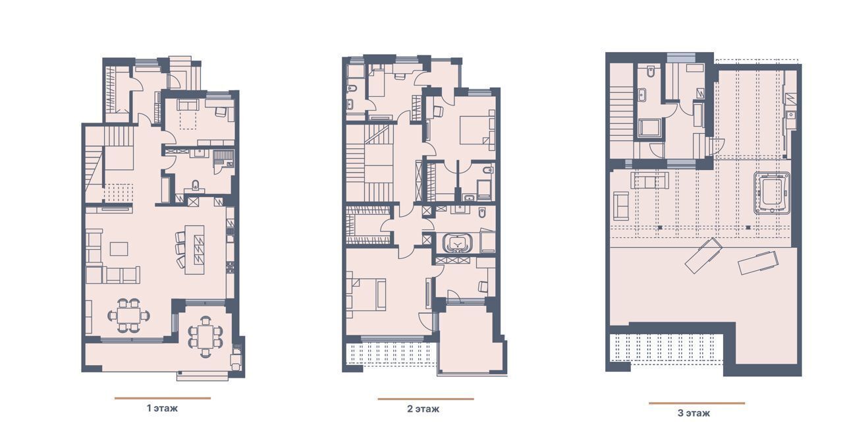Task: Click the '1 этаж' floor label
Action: click(x=162, y=408)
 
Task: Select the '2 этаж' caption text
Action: click(x=423, y=409)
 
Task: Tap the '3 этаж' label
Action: click(x=693, y=413)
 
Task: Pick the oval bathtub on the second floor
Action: click(x=457, y=243)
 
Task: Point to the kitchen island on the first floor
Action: click(x=194, y=250)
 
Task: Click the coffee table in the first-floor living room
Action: click(x=119, y=249)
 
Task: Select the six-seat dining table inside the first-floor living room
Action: click(x=128, y=315)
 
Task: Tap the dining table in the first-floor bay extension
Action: click(x=205, y=337)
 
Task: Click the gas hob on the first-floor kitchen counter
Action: click(x=230, y=267)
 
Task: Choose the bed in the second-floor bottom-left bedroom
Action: click(x=367, y=295)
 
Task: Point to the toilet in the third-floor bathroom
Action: click(x=651, y=72)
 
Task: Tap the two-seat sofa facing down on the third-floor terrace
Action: click(x=649, y=181)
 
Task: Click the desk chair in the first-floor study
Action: click(x=221, y=112)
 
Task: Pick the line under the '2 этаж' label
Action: click(x=425, y=399)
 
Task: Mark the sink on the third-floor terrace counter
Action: click(x=791, y=114)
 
